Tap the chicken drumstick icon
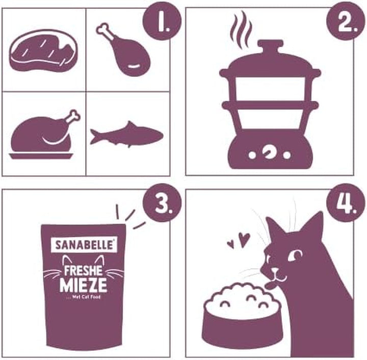[125, 51]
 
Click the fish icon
[126, 135]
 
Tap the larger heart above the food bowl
[245, 238]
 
